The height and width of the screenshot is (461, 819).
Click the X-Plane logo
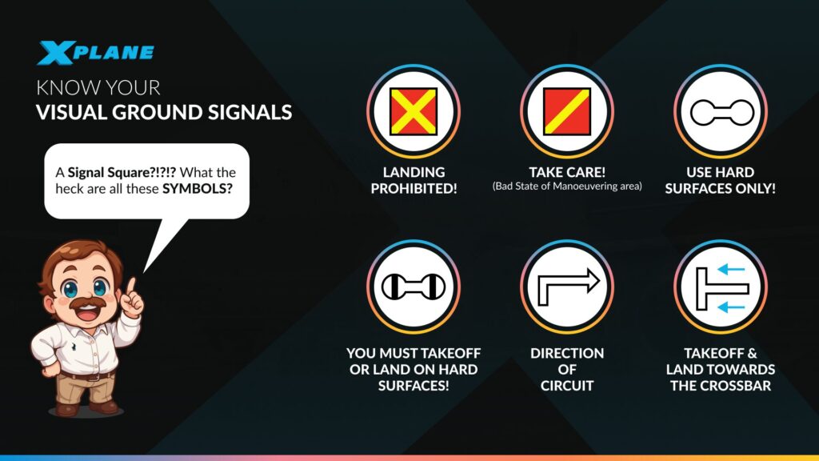[95, 53]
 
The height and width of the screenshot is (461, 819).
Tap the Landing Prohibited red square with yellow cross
[413, 111]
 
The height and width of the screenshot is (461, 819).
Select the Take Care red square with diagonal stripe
[567, 111]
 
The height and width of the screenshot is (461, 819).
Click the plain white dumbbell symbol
[721, 112]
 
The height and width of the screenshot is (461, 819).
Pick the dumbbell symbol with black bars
[413, 287]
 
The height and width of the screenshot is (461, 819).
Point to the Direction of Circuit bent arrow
[567, 287]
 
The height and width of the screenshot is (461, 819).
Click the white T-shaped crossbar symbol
[713, 287]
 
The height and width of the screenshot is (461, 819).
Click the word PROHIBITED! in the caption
[413, 189]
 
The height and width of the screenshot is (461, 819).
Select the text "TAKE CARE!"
[567, 172]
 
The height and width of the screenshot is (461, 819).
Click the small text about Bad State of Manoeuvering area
[567, 186]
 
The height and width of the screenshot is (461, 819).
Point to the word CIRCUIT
[567, 386]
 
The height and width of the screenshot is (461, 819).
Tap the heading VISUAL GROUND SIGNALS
[164, 113]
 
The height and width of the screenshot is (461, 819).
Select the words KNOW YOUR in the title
[98, 87]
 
